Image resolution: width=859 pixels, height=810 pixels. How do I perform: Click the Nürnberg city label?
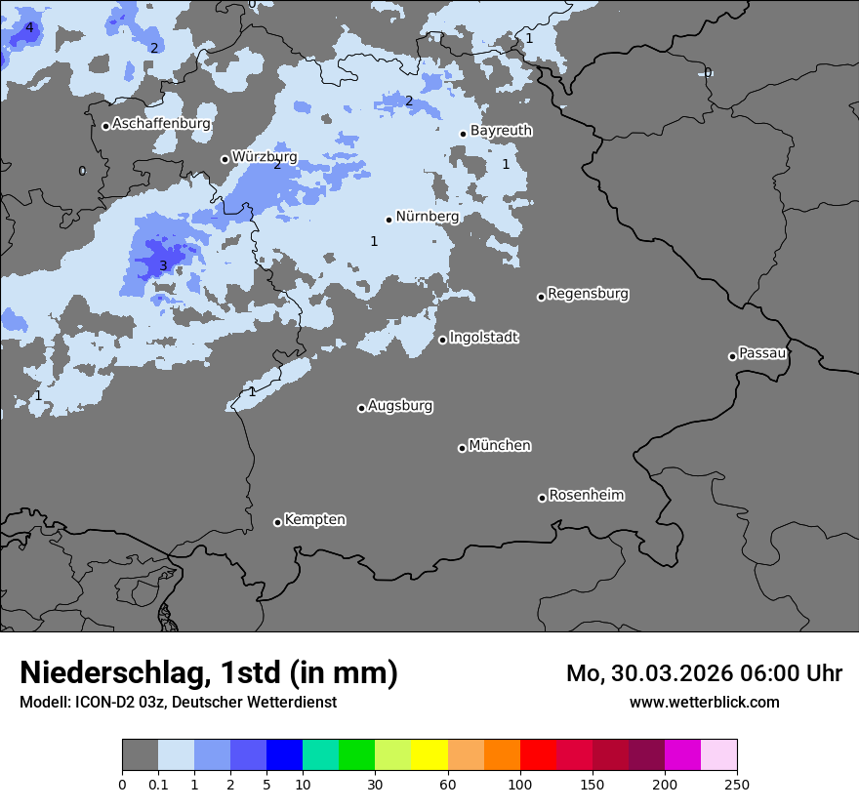pyautogui.click(x=427, y=217)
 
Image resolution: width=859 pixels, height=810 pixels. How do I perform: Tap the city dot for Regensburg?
pyautogui.click(x=541, y=297)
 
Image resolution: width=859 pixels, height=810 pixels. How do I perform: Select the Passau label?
pyautogui.click(x=762, y=353)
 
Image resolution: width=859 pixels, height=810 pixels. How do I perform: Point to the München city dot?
pyautogui.click(x=462, y=448)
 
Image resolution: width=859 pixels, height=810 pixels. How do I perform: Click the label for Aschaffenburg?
pyautogui.click(x=161, y=124)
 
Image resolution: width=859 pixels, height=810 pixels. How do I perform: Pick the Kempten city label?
pyautogui.click(x=314, y=520)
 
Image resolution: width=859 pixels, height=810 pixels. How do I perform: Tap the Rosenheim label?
pyautogui.click(x=586, y=496)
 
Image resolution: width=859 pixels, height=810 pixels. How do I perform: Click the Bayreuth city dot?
pyautogui.click(x=463, y=134)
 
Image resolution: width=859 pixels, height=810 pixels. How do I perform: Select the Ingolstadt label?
pyautogui.click(x=483, y=338)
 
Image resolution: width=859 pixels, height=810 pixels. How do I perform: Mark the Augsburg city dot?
pyautogui.click(x=361, y=408)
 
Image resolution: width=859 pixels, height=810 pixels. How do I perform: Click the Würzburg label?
pyautogui.click(x=264, y=156)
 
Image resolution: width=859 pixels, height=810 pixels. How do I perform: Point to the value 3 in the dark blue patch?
pyautogui.click(x=163, y=265)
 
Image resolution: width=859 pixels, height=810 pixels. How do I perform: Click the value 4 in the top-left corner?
pyautogui.click(x=29, y=27)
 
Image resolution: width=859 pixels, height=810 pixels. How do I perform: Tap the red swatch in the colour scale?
pyautogui.click(x=538, y=755)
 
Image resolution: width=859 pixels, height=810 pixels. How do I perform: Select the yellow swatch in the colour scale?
pyautogui.click(x=429, y=755)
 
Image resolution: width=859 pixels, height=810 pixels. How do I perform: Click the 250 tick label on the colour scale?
pyautogui.click(x=736, y=784)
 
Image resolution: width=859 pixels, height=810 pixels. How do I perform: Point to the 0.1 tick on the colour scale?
pyautogui.click(x=158, y=784)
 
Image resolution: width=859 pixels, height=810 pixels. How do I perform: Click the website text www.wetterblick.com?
pyautogui.click(x=704, y=703)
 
